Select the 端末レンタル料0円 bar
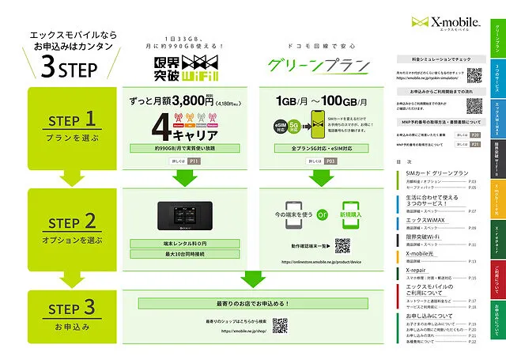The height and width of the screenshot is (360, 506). pyautogui.click(x=186, y=243)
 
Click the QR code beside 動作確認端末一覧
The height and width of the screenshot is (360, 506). pyautogui.click(x=342, y=246)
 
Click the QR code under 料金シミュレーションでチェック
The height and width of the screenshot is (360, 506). pyautogui.click(x=474, y=76)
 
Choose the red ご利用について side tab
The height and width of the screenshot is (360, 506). pyautogui.click(x=497, y=265)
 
